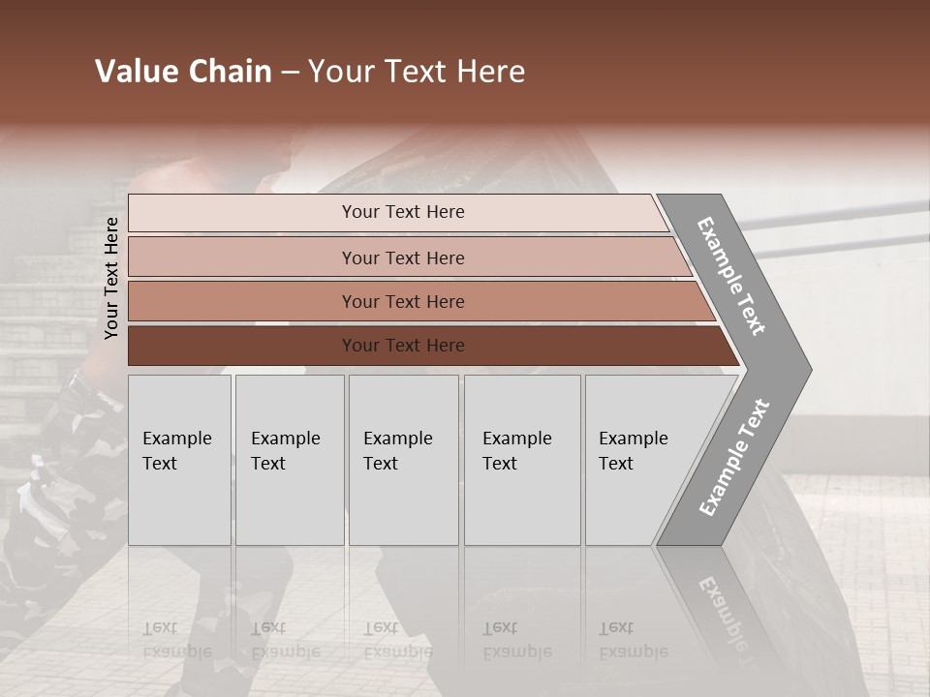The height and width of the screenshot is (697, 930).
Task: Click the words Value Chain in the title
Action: (183, 72)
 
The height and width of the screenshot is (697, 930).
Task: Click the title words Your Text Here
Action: (417, 72)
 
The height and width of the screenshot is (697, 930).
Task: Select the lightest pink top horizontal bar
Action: (242, 213)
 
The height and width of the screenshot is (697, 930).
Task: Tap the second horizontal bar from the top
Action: (242, 258)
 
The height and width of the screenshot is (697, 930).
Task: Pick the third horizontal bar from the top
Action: (242, 301)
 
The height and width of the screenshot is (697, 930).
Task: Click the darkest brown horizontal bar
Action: (242, 346)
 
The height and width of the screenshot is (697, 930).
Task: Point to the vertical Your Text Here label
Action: (111, 278)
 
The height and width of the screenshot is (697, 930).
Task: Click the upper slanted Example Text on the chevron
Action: (731, 276)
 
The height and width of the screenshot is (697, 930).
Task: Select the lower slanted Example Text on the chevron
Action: (734, 458)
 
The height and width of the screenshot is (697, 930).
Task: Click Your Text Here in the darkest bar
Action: (403, 346)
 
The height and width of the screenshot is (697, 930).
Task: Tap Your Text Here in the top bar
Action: (403, 212)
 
